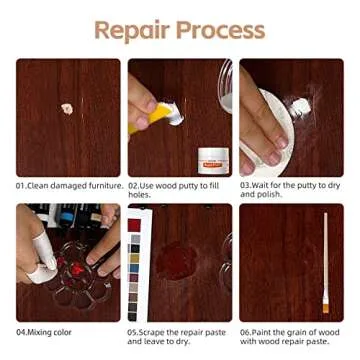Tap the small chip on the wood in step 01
(67, 108)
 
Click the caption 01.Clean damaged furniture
(68, 185)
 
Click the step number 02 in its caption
(132, 185)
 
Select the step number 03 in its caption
(244, 185)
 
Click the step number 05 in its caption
(132, 330)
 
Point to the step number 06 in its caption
(244, 330)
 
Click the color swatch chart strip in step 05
(134, 268)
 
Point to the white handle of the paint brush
(325, 250)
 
